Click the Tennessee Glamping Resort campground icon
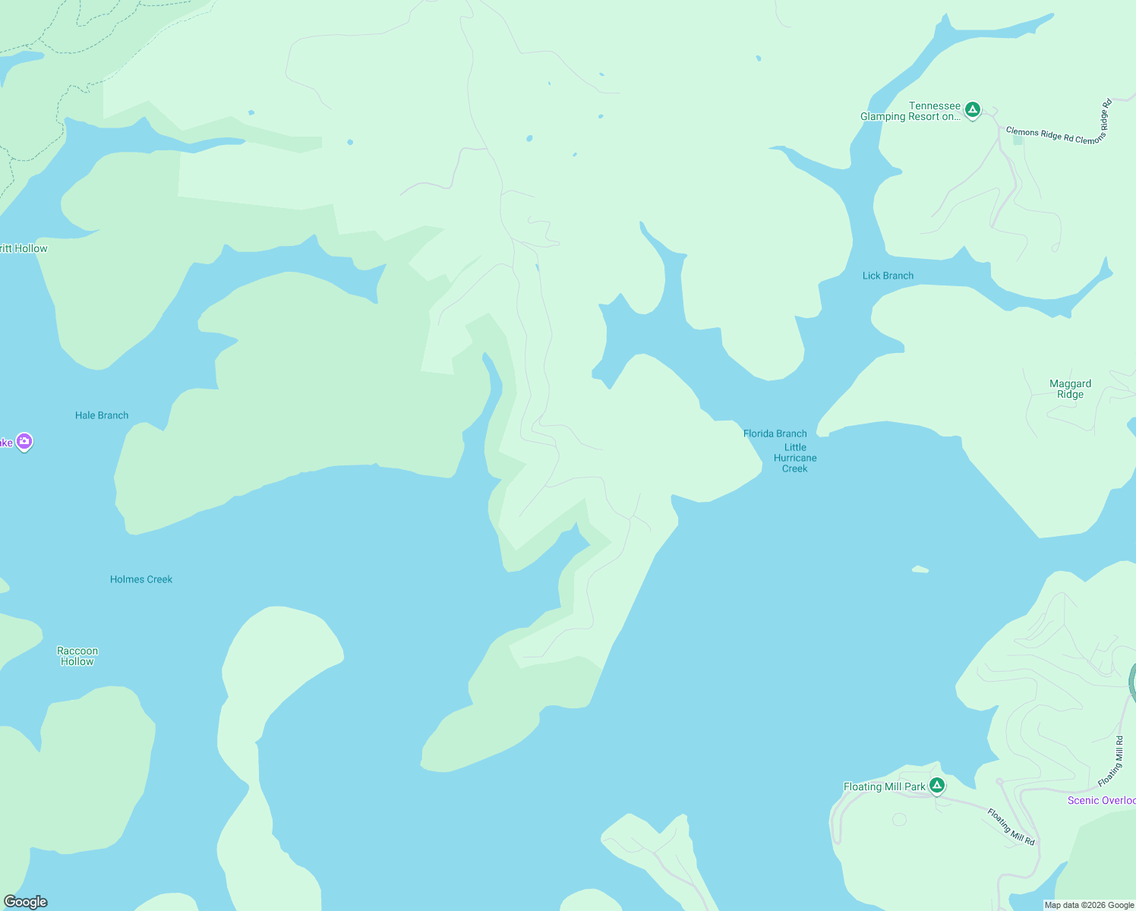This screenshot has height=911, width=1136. tap(972, 110)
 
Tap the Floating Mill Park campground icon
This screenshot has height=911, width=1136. tap(937, 786)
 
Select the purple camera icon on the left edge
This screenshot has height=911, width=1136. tap(24, 441)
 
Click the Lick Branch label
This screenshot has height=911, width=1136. tap(888, 276)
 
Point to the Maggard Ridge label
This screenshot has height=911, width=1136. tap(1070, 389)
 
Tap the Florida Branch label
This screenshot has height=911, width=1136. tap(775, 433)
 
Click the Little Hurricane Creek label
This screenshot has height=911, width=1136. tap(795, 458)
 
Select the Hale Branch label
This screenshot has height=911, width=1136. tap(102, 415)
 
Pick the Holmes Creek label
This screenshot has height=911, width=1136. tap(141, 579)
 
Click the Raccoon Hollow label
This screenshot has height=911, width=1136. tap(77, 656)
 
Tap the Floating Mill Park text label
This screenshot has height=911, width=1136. tap(884, 786)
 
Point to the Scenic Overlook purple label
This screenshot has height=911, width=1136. tap(1101, 800)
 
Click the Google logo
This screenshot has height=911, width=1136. tap(25, 902)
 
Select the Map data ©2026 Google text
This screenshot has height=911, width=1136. tap(1089, 905)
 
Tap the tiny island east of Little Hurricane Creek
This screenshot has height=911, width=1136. tap(920, 569)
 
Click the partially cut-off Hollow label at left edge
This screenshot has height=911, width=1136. tap(24, 248)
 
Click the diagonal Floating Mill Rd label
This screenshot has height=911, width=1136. tap(1011, 827)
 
